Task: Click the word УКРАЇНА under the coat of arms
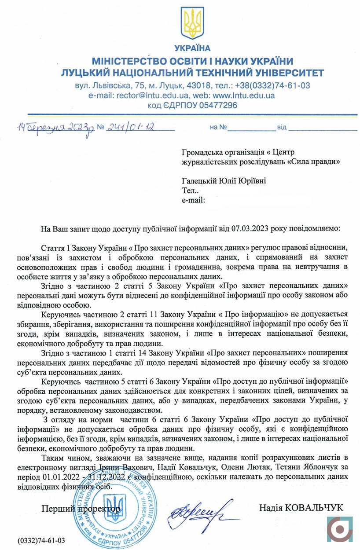coord(192,48)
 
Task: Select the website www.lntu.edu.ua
coord(244,95)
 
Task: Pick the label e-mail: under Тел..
coord(193,201)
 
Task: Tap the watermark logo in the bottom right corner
coord(339,528)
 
